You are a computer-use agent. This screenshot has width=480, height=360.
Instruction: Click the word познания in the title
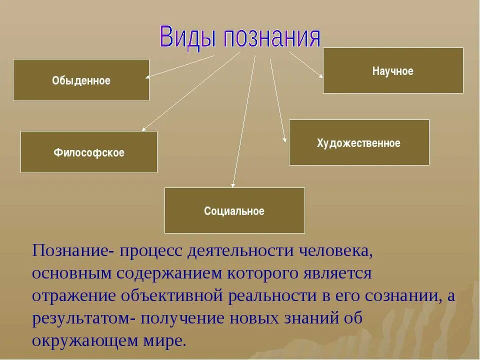(x=271, y=38)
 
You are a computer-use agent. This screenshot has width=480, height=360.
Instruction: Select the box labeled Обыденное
(x=81, y=80)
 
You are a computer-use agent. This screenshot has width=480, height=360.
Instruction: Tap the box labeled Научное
(x=393, y=70)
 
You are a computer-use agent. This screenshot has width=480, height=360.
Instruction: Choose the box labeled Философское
(x=89, y=152)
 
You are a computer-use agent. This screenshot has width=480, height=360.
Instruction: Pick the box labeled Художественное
(x=359, y=142)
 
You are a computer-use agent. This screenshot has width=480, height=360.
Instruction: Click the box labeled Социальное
(x=234, y=210)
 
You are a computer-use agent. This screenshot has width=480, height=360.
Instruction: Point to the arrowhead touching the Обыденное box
(x=148, y=77)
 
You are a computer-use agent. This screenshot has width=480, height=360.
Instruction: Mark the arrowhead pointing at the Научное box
(x=320, y=75)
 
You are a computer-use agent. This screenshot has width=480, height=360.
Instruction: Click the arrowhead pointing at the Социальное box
(x=232, y=185)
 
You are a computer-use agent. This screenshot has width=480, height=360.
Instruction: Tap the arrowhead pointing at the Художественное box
(x=285, y=139)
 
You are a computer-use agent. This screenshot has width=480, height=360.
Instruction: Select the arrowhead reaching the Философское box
(x=143, y=129)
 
